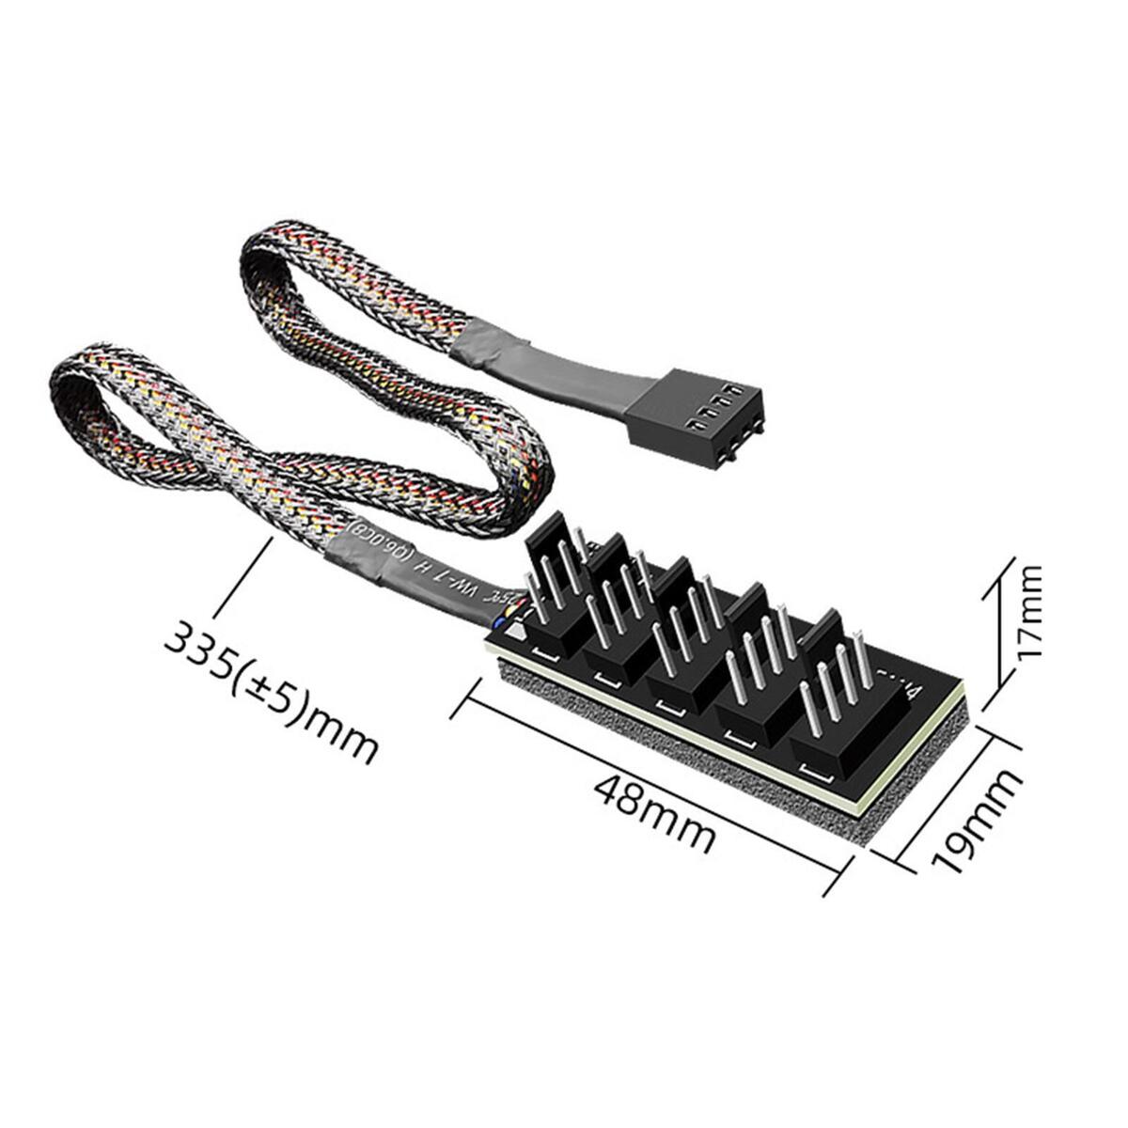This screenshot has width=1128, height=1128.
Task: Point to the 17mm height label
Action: (1029, 611)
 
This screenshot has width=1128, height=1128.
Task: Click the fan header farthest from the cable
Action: (832, 714)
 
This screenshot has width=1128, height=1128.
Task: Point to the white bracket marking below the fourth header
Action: (742, 737)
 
